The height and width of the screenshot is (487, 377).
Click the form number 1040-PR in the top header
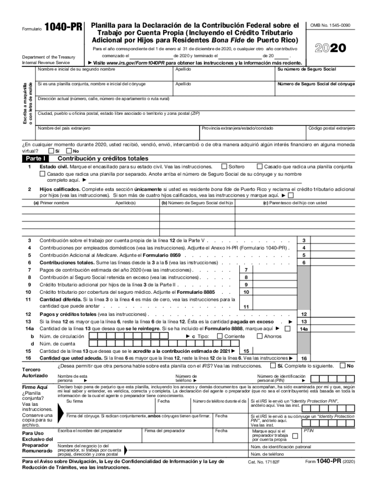(63, 27)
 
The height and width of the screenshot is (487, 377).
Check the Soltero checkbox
(224, 166)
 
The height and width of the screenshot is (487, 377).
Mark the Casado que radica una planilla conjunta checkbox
(260, 166)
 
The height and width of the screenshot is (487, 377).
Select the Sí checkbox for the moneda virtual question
(51, 151)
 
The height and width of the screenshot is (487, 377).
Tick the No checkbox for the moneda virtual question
(69, 151)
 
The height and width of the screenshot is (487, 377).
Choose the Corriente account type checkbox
(219, 336)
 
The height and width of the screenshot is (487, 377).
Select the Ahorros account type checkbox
(260, 336)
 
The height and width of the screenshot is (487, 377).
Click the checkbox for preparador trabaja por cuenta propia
(295, 436)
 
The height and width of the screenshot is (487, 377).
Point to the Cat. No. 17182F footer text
(262, 462)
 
